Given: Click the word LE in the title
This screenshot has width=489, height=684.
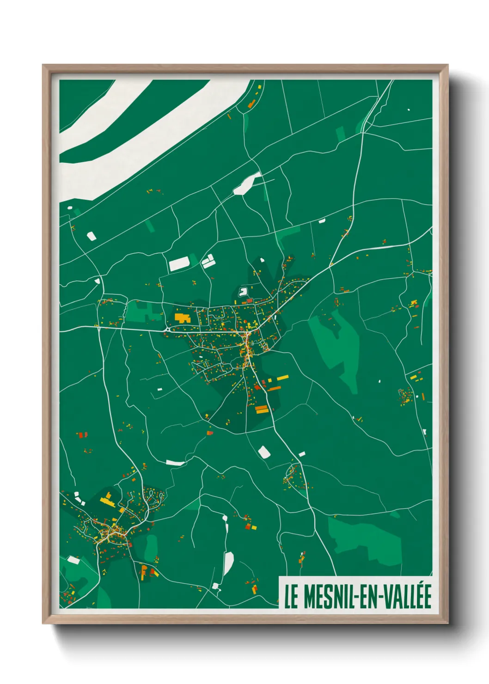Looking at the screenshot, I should click(x=290, y=597).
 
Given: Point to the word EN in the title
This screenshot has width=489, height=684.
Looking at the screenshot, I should click(x=367, y=597).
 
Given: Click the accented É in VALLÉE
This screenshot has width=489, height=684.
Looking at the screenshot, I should click(x=426, y=596).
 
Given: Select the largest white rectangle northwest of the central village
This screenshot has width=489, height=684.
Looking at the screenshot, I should click(x=179, y=263).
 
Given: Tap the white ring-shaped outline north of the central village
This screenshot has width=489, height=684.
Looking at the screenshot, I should click(x=243, y=292).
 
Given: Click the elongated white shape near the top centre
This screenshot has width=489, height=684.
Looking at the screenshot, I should click(x=247, y=183).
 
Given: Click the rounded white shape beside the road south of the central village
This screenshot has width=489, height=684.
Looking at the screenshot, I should click(x=263, y=452).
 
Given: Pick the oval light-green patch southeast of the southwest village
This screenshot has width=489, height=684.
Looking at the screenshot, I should click(x=151, y=548).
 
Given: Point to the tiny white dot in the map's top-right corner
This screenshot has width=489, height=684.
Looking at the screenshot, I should click(x=409, y=110).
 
